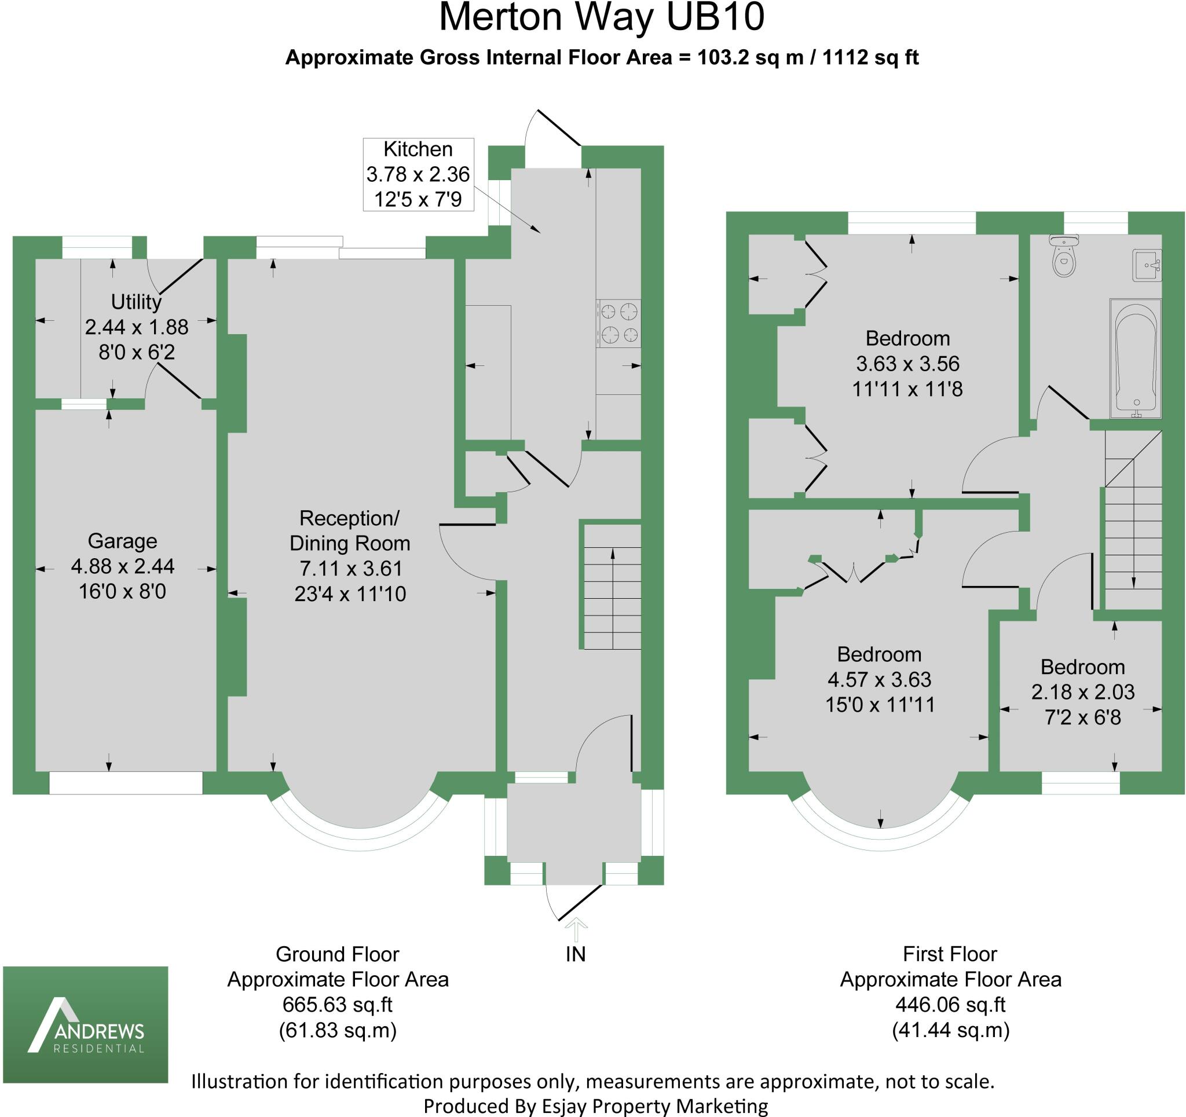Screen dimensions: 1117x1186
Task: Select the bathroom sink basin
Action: pyautogui.click(x=1147, y=266)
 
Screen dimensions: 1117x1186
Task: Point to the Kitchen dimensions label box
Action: pyautogui.click(x=418, y=174)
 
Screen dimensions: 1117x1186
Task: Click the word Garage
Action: pyautogui.click(x=122, y=541)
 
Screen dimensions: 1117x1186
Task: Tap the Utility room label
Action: pyautogui.click(x=136, y=302)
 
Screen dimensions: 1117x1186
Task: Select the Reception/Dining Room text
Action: pyautogui.click(x=350, y=530)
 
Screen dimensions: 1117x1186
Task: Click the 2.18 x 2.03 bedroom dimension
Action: pyautogui.click(x=1083, y=691)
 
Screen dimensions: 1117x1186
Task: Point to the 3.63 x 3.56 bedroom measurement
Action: pyautogui.click(x=907, y=364)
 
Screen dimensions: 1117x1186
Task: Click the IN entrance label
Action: pyautogui.click(x=576, y=954)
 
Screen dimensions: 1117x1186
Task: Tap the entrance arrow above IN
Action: pyautogui.click(x=576, y=929)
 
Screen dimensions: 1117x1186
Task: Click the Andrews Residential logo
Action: pyautogui.click(x=86, y=1024)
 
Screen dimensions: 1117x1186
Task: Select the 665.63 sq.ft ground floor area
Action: pyautogui.click(x=338, y=1004)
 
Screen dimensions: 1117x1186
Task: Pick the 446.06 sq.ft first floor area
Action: pyautogui.click(x=950, y=1004)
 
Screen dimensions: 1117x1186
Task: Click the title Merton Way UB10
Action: pyautogui.click(x=601, y=18)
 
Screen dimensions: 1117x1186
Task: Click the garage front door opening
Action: pyautogui.click(x=126, y=783)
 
